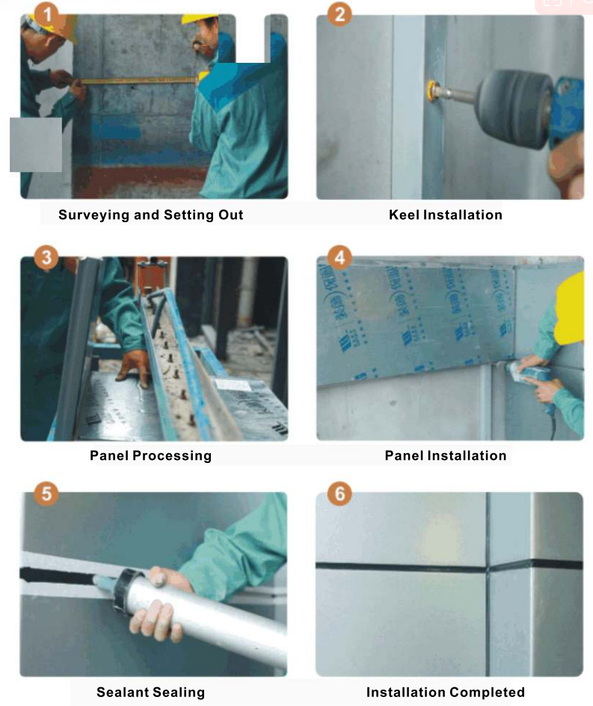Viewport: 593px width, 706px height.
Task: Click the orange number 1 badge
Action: pyautogui.click(x=47, y=14)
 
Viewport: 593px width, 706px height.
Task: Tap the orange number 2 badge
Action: pyautogui.click(x=339, y=14)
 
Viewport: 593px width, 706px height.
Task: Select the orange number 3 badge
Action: pyautogui.click(x=47, y=257)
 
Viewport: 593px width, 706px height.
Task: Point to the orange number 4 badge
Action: pyautogui.click(x=339, y=257)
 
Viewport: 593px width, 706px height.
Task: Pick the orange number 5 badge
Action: pyautogui.click(x=47, y=494)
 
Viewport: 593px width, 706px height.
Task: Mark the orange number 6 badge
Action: pyautogui.click(x=339, y=494)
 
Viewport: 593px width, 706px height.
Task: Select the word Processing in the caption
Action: pyautogui.click(x=172, y=456)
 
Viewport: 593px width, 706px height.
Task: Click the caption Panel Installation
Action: pyautogui.click(x=446, y=455)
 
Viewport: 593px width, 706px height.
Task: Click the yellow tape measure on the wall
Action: pyautogui.click(x=140, y=81)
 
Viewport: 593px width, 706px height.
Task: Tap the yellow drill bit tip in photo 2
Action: pyautogui.click(x=433, y=90)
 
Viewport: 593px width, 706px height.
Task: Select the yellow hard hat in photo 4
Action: pyautogui.click(x=569, y=308)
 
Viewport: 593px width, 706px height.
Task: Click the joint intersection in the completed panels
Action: pyautogui.click(x=488, y=568)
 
